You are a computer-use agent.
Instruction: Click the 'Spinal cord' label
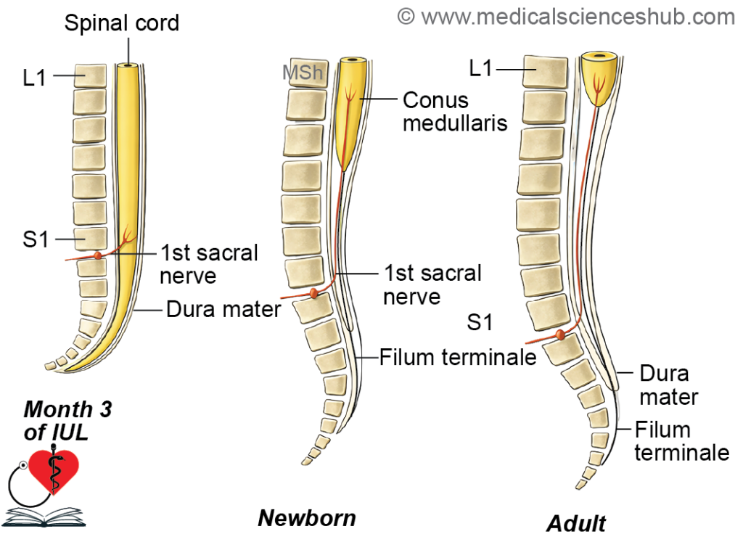(x=122, y=23)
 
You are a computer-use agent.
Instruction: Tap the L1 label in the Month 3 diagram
(x=34, y=77)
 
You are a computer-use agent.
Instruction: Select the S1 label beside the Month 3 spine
(x=36, y=239)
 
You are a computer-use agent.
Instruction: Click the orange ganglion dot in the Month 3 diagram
(x=98, y=255)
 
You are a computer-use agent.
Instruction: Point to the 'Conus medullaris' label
(x=455, y=112)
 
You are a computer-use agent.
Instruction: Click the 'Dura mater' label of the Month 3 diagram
(x=223, y=309)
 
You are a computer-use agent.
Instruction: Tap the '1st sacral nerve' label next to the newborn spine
(x=432, y=284)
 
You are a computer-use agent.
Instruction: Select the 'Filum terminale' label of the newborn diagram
(x=458, y=357)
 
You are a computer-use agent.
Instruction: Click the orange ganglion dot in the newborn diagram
(x=313, y=293)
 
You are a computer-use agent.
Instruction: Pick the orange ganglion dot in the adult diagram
(x=560, y=334)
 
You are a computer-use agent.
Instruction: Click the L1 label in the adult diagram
(x=480, y=69)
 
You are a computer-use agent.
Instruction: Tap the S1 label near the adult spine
(x=480, y=323)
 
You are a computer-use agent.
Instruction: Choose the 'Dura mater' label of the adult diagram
(x=668, y=385)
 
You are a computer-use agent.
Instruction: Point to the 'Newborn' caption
(x=307, y=518)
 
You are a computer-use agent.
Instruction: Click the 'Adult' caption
(x=576, y=524)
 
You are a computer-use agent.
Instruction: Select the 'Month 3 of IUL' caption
(x=67, y=421)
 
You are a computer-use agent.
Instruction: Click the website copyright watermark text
(x=566, y=17)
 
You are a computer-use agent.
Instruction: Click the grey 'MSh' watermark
(x=303, y=73)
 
